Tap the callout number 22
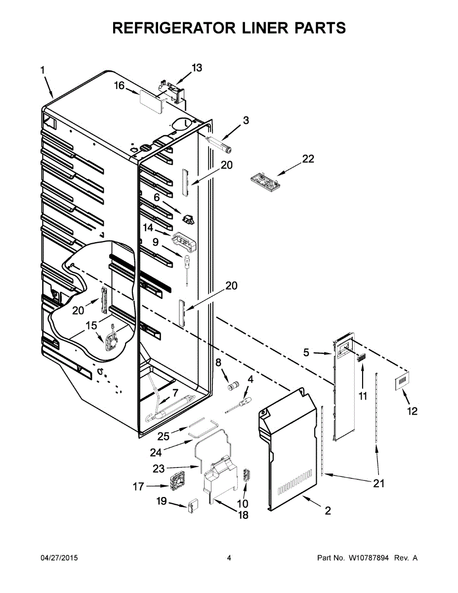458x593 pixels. pos(308,159)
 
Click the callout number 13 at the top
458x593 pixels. pos(197,68)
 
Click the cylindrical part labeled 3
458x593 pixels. pos(221,144)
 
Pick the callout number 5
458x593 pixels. pos(306,353)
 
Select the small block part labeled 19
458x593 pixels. pos(192,507)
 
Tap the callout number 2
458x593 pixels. pos(328,511)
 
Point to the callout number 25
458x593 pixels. pos(164,436)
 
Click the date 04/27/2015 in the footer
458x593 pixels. pos(59,558)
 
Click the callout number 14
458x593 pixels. pos(148,228)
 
